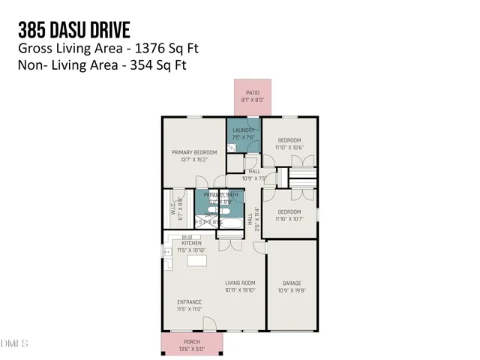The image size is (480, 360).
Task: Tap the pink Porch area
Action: coord(193,345)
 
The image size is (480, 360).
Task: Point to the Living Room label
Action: coord(241,283)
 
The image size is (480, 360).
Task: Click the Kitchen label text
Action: coord(191,242)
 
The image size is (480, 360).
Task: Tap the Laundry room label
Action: coord(244,130)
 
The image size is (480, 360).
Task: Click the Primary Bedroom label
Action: coord(189,152)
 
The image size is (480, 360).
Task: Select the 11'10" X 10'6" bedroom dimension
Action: coord(289,148)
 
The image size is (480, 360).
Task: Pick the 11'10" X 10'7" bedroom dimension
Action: coord(289,198)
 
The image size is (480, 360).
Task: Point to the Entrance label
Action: coord(190,302)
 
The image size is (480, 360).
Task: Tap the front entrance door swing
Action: coord(210,324)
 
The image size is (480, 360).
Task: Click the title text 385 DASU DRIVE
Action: coord(73,30)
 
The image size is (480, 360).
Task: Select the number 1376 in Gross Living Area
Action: coord(145,49)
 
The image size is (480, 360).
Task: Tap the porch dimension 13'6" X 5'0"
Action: coord(193,349)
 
